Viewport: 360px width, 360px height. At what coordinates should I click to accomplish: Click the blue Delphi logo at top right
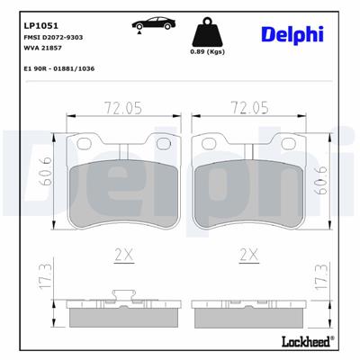[293, 34]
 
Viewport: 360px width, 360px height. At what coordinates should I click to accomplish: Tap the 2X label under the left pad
[123, 256]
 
